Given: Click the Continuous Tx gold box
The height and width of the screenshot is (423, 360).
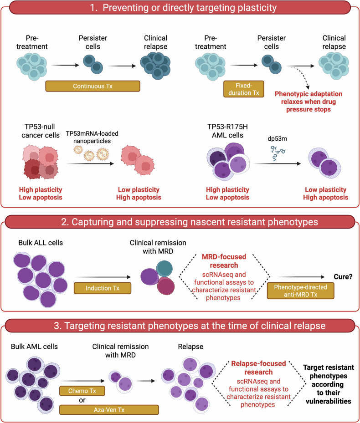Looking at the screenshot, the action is [x=93, y=86].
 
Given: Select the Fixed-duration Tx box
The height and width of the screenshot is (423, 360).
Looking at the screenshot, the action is [x=244, y=89].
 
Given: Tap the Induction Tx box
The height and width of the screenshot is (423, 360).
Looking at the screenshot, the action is [x=103, y=288].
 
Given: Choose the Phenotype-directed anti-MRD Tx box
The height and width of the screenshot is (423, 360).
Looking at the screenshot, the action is [x=301, y=291].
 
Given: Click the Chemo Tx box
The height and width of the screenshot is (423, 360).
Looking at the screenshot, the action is [x=82, y=391].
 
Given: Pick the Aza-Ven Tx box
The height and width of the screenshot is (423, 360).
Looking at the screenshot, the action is [x=109, y=410].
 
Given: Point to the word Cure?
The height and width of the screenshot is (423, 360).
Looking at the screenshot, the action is [x=343, y=277].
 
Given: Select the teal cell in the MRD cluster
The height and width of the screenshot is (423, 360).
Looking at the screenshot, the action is [x=164, y=269].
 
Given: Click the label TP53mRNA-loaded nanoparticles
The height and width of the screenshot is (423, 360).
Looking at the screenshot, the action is [x=92, y=137].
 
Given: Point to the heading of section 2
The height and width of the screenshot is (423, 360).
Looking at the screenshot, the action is [x=189, y=222].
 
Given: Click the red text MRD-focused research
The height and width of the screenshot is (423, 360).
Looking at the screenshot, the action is [x=224, y=261].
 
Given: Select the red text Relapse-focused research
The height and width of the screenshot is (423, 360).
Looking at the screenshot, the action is [x=258, y=368].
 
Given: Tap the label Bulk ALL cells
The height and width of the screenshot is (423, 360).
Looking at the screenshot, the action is [x=41, y=243].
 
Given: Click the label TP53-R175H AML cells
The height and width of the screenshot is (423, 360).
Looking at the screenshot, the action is [x=227, y=131].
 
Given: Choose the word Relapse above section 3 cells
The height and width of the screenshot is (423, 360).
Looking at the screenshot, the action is [x=190, y=347].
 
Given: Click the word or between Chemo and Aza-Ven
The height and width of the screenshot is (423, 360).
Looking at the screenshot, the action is [x=82, y=400].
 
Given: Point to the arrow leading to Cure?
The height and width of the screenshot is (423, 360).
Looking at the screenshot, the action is [x=301, y=277].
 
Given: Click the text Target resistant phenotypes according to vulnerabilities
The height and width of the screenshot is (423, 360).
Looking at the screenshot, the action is [x=329, y=384].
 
